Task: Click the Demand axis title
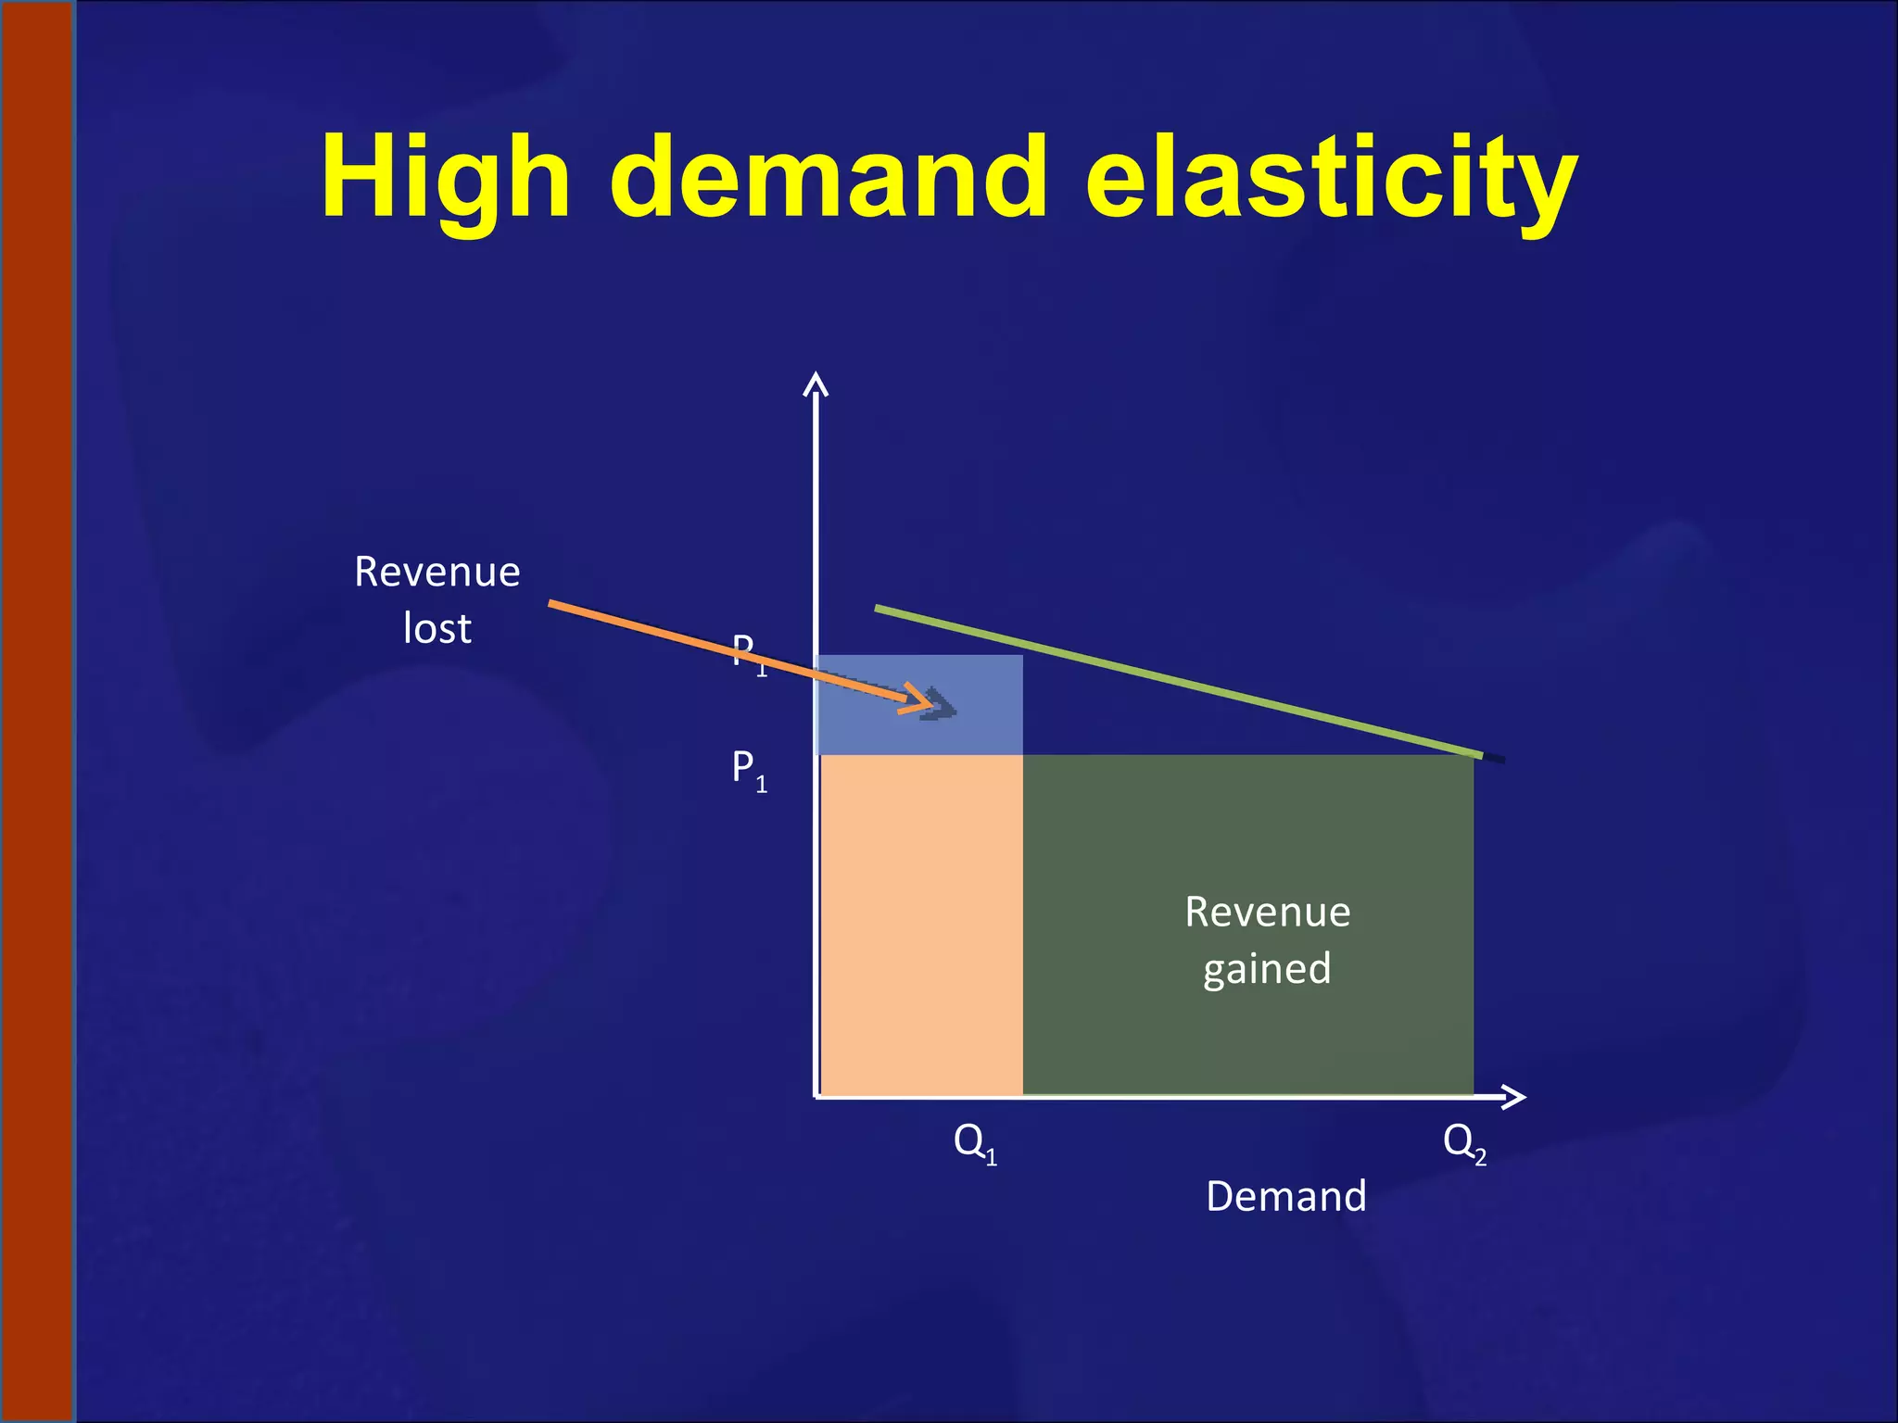coord(1285,1197)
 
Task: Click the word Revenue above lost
coord(437,572)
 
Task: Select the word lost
coord(437,629)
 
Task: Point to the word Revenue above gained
coord(1267,913)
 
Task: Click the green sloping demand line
coord(1177,683)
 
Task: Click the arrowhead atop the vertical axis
coord(816,383)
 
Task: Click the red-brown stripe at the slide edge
coord(38,711)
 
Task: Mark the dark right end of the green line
coord(1494,759)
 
